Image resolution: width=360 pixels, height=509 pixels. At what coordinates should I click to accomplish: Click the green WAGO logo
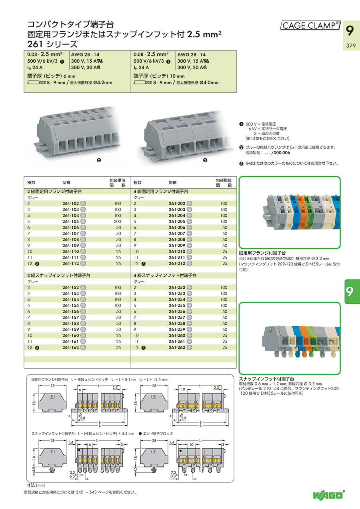point(328,495)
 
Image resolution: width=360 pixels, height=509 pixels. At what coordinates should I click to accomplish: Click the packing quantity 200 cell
point(117,222)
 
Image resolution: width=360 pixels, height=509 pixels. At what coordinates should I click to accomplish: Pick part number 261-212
point(176,263)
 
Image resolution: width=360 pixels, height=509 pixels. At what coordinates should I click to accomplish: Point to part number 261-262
point(176,347)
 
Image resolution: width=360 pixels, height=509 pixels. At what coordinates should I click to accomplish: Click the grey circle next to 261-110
point(84,252)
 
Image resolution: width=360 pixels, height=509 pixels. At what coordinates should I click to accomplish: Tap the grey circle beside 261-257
point(190,317)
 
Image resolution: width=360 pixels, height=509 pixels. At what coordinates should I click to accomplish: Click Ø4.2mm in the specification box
point(103,83)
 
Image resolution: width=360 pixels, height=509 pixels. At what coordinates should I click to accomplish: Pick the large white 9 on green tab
point(350,292)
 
